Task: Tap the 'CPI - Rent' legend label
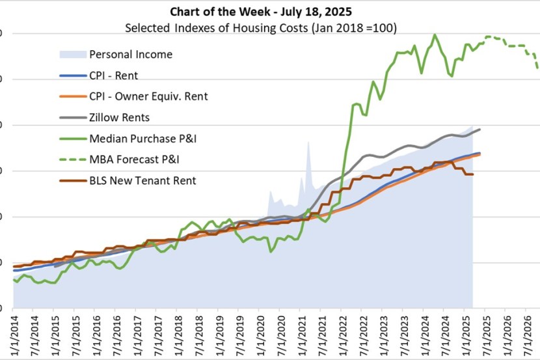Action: tap(113, 75)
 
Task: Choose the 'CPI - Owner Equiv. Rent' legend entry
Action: tap(148, 96)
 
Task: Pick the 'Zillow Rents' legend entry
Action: tap(119, 118)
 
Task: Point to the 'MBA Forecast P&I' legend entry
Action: tap(134, 159)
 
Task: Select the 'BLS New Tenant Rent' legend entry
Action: tap(142, 181)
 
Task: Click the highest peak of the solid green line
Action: tap(435, 35)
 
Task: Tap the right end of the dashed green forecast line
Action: tap(537, 67)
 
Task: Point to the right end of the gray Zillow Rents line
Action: tap(480, 130)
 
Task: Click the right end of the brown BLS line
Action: tap(472, 174)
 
